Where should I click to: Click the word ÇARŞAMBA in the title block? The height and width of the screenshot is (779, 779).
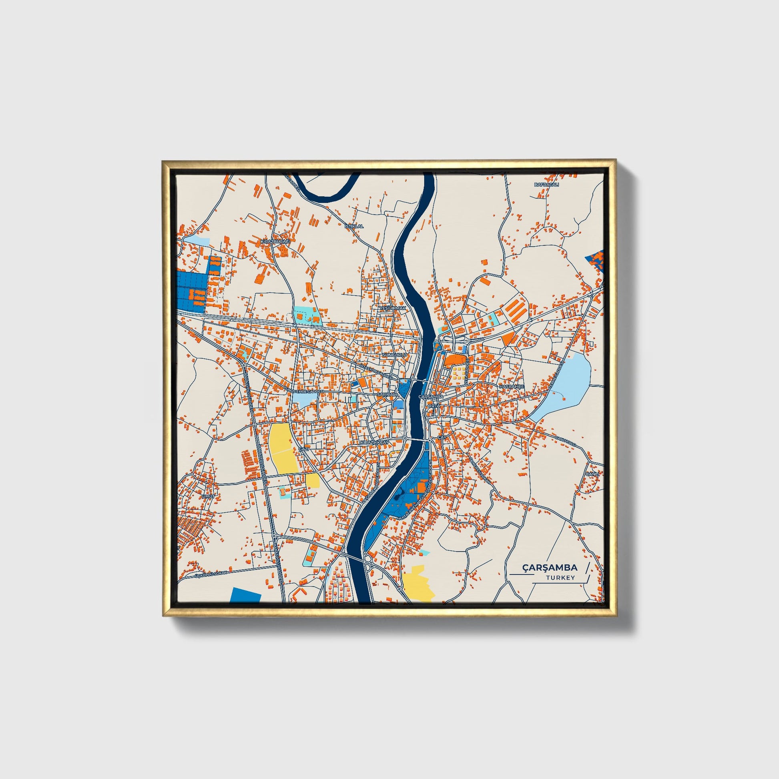[550, 568]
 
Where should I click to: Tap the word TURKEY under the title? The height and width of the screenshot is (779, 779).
[560, 578]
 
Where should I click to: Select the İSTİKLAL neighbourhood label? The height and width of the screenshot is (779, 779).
[354, 226]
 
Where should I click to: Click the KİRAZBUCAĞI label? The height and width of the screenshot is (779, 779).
[276, 241]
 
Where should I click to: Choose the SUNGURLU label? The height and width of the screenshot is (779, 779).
[395, 355]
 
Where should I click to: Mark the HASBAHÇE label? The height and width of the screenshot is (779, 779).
[512, 386]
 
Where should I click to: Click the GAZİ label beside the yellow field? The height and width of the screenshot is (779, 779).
[303, 449]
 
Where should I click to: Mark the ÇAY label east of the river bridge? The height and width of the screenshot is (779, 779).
[440, 438]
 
